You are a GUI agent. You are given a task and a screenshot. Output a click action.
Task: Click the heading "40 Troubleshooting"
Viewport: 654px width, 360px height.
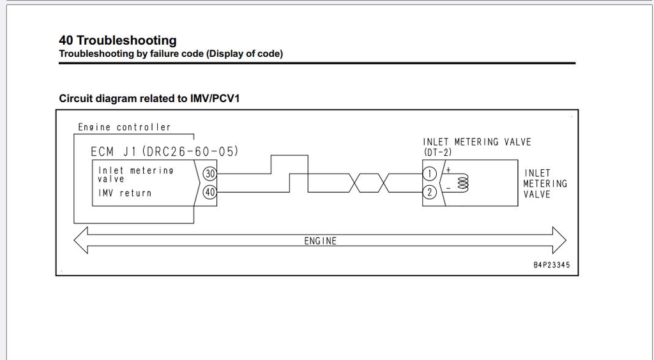coord(118,40)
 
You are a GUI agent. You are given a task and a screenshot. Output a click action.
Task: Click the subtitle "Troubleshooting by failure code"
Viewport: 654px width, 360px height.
coord(131,54)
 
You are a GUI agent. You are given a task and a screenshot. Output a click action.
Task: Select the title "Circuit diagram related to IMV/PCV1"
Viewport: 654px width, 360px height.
coord(149,98)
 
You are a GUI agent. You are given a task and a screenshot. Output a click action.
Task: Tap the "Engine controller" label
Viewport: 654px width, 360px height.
coord(125,127)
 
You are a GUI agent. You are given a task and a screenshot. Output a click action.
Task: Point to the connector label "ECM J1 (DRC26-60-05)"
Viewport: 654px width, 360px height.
coord(165,151)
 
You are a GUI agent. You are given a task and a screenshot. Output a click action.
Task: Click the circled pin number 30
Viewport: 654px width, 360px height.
coord(209,174)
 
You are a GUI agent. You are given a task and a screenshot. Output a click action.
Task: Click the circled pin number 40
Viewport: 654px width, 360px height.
coord(209,192)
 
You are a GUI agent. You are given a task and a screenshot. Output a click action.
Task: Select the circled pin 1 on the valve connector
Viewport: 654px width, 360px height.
coord(430,174)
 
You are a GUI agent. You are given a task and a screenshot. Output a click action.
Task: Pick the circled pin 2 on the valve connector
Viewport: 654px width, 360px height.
coord(430,192)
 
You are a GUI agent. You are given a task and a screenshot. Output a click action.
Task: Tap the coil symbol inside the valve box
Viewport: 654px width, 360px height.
coord(463,183)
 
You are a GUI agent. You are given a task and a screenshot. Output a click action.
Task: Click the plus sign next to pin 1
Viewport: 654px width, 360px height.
coord(448,170)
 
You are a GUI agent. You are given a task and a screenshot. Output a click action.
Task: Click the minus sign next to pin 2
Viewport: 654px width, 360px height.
coord(448,188)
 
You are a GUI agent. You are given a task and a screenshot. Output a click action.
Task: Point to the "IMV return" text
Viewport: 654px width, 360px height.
coord(125,193)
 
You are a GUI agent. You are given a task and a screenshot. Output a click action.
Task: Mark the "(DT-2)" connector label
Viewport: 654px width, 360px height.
coord(437,153)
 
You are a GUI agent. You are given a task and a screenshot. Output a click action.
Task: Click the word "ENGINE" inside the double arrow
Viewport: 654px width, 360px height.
coord(321,241)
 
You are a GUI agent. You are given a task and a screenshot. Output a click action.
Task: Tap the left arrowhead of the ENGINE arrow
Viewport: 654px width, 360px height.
coord(81,241)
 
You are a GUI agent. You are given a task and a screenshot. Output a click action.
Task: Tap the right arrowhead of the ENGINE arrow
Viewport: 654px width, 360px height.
coord(559,241)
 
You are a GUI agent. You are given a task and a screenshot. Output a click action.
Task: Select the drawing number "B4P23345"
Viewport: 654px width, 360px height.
coord(551,265)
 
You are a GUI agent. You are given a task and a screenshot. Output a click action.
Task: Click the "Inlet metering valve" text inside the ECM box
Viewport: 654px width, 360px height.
coord(135,175)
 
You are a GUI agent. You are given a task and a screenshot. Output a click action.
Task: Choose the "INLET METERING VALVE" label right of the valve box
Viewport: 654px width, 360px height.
coord(545,184)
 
